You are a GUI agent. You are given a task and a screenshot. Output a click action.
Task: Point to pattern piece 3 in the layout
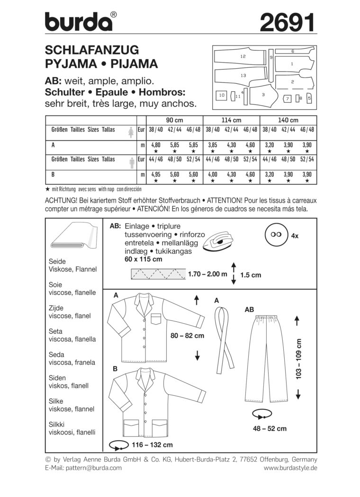[x=263, y=95]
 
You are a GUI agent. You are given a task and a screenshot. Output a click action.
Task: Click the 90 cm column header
[x=174, y=120]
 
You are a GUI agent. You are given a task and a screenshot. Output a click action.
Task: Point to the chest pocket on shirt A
[x=157, y=320]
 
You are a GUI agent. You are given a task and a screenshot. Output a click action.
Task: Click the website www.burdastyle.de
[x=290, y=468]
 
